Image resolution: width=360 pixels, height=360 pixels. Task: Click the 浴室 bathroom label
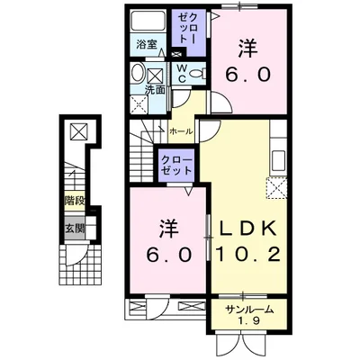(x=147, y=44)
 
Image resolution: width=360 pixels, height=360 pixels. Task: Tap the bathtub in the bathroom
(x=148, y=20)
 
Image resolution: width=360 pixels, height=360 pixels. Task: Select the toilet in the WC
(x=199, y=73)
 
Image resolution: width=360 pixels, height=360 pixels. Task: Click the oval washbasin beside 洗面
(x=139, y=72)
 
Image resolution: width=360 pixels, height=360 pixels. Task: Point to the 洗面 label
(x=155, y=90)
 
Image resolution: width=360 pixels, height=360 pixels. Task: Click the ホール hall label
(x=181, y=131)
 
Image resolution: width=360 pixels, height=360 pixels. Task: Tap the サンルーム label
(x=250, y=309)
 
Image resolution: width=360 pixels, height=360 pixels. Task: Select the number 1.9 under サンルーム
(x=249, y=321)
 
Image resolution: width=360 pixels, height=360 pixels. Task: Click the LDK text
(x=248, y=229)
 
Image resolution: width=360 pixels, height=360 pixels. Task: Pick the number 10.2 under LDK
(x=248, y=255)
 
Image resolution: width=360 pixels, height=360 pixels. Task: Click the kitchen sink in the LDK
(x=279, y=161)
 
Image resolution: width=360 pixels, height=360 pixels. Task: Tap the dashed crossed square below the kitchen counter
(x=276, y=188)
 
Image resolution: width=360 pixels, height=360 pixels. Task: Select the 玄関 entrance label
(x=75, y=229)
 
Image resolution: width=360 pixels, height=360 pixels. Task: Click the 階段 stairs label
(x=75, y=201)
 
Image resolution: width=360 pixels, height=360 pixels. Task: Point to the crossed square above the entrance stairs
(x=79, y=131)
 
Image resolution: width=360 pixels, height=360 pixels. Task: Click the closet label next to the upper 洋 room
(x=188, y=29)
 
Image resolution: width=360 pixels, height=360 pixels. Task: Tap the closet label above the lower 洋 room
(x=176, y=166)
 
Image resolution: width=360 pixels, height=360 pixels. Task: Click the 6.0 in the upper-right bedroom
(x=248, y=74)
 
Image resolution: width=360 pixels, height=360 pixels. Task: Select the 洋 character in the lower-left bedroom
(x=169, y=229)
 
